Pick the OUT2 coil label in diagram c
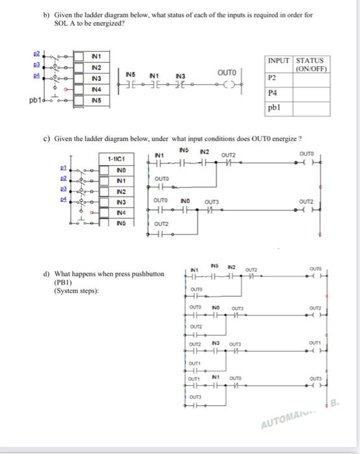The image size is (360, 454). [314, 202]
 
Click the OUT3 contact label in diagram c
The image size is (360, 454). [211, 202]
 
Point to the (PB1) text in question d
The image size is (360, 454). [64, 283]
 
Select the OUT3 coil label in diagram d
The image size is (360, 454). [315, 378]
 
